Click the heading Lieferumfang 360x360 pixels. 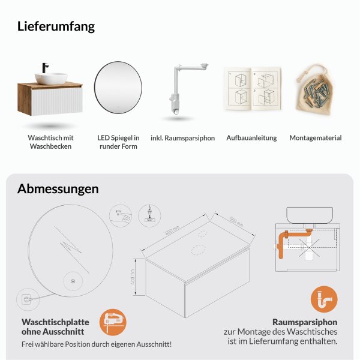[x=56, y=26]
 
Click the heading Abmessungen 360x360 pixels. [x=58, y=189]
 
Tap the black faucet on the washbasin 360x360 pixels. [x=45, y=68]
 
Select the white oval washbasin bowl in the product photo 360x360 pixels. [x=50, y=78]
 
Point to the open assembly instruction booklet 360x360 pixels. [x=251, y=89]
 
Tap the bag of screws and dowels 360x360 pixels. [x=315, y=89]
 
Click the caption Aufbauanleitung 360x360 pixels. [x=251, y=138]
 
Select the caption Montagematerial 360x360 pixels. [x=315, y=138]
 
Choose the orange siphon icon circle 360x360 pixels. [x=324, y=299]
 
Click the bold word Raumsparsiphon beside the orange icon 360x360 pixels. [x=305, y=322]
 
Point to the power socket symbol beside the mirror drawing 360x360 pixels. [x=26, y=297]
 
